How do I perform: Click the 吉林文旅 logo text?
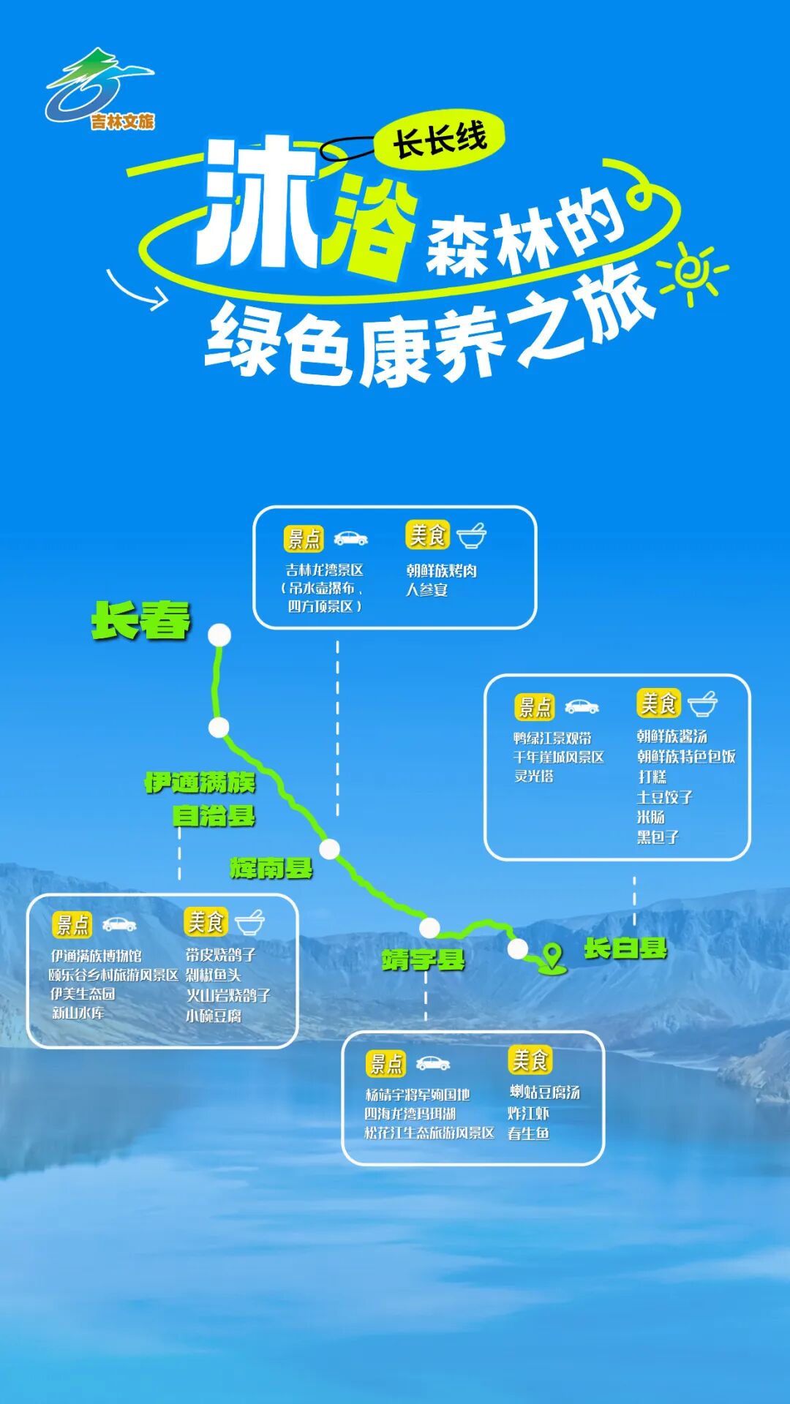[123, 121]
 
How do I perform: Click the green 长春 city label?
[141, 621]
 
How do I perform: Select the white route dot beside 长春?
[219, 635]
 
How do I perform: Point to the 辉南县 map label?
[271, 868]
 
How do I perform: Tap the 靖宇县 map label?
[423, 960]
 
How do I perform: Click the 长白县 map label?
[625, 948]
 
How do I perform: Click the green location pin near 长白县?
[552, 956]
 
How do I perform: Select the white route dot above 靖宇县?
[429, 928]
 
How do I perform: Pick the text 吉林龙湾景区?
[324, 570]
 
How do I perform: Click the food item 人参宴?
[426, 589]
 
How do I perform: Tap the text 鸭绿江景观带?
[552, 738]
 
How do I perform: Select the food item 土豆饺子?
[664, 797]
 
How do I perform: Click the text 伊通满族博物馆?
[96, 956]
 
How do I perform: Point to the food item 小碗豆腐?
[213, 1016]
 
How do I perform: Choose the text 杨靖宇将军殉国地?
[417, 1095]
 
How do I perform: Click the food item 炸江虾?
[528, 1113]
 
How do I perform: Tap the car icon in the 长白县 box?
[582, 706]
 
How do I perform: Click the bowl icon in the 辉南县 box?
[471, 535]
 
